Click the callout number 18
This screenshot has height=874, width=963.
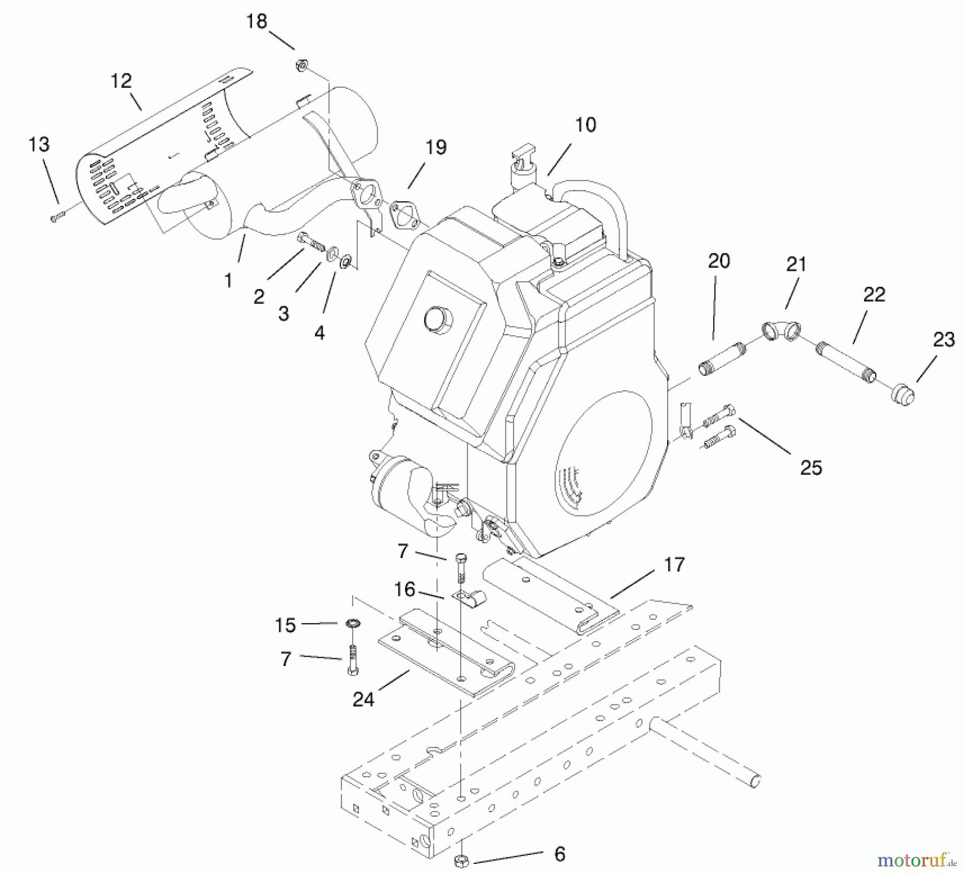tap(256, 22)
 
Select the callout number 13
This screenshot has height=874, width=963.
tap(39, 144)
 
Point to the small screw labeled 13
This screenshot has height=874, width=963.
tap(57, 217)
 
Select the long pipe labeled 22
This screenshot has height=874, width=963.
tap(846, 363)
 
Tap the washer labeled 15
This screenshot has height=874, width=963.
tap(353, 624)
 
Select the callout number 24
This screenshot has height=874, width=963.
tap(363, 699)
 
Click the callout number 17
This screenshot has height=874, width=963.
tap(674, 564)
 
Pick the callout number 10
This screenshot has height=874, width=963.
tap(585, 125)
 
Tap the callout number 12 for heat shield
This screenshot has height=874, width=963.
tap(121, 81)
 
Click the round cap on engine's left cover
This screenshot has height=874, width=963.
tap(438, 320)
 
